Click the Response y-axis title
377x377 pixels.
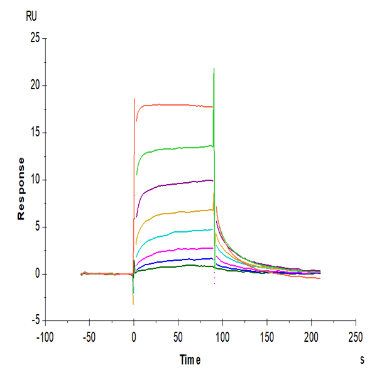click(x=21, y=188)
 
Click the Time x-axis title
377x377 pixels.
click(x=190, y=360)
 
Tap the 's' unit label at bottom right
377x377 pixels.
click(x=362, y=360)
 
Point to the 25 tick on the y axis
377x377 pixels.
click(x=35, y=38)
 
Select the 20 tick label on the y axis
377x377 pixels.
click(x=35, y=85)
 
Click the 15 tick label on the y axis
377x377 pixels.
click(x=35, y=133)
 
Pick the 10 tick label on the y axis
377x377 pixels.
click(x=35, y=180)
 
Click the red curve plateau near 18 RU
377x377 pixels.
click(x=176, y=105)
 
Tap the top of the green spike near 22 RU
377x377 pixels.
click(x=214, y=68)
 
